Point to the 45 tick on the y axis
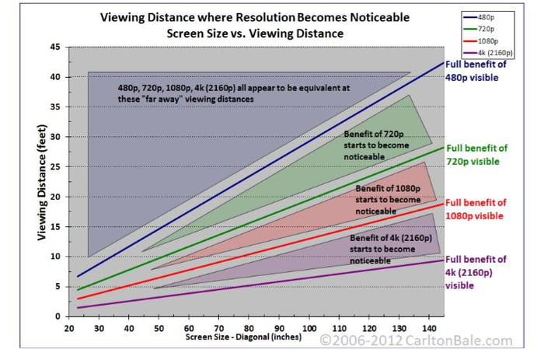(54, 47)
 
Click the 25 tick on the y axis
(54, 166)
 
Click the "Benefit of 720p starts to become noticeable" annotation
(375, 145)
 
